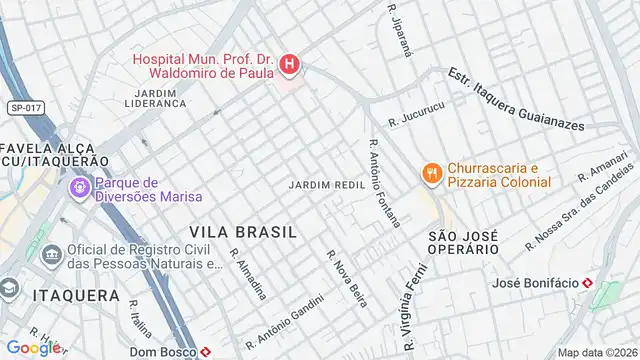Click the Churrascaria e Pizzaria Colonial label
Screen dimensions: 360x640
tap(500, 174)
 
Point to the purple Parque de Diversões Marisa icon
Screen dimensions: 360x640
tap(78, 187)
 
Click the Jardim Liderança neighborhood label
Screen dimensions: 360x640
tap(156, 97)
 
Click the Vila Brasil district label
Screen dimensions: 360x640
tap(243, 231)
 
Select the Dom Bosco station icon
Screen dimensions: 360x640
tap(204, 352)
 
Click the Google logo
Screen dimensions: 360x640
tap(33, 348)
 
